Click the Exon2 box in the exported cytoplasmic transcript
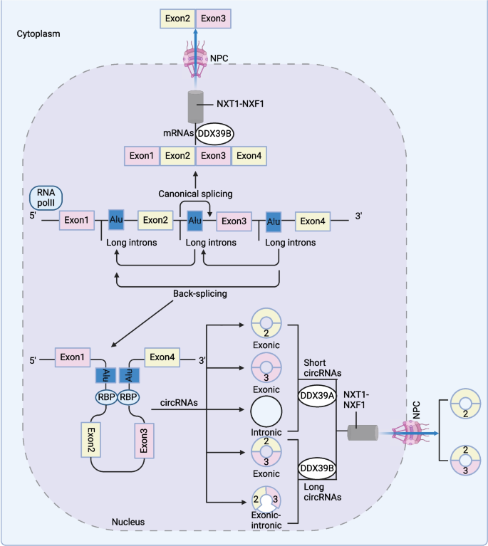point(177,18)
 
